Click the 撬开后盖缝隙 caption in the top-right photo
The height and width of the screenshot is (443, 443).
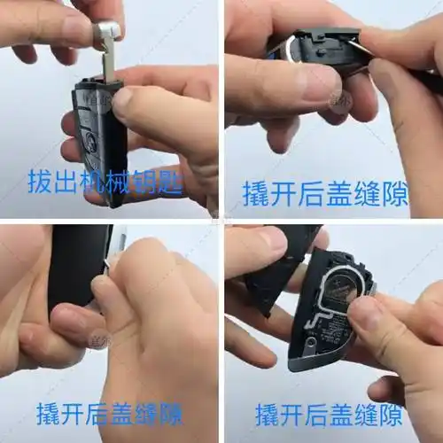[325, 193]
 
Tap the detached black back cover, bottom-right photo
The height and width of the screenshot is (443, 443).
[270, 275]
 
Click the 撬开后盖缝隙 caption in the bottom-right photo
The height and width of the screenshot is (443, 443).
[329, 414]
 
